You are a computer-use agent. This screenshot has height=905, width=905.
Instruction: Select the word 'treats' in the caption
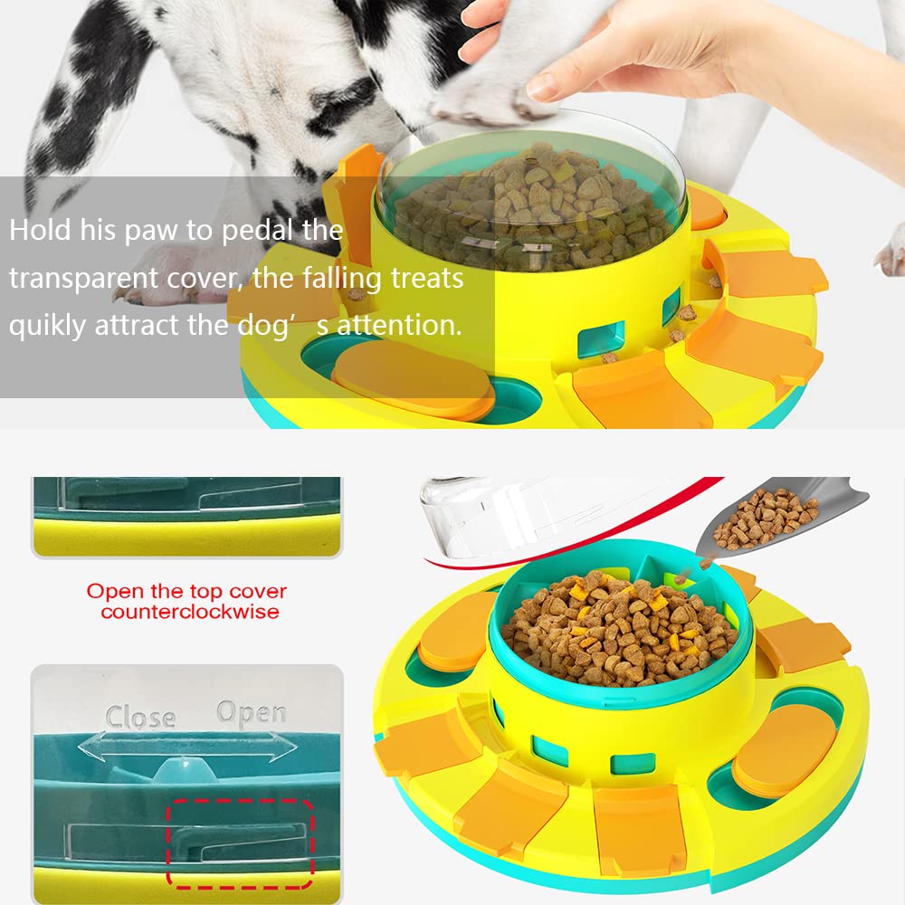(427, 278)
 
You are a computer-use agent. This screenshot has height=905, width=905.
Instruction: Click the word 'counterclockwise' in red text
(190, 612)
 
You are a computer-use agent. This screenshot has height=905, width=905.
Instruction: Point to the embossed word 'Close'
(140, 717)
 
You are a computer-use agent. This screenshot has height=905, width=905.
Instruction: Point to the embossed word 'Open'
(251, 713)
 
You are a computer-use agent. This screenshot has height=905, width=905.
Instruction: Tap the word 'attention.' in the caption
(399, 325)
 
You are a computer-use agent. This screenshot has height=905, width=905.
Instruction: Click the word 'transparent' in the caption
(82, 278)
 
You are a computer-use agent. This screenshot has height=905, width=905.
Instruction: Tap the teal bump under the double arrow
(184, 770)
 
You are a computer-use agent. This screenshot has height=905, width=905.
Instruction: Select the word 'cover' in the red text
(257, 592)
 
